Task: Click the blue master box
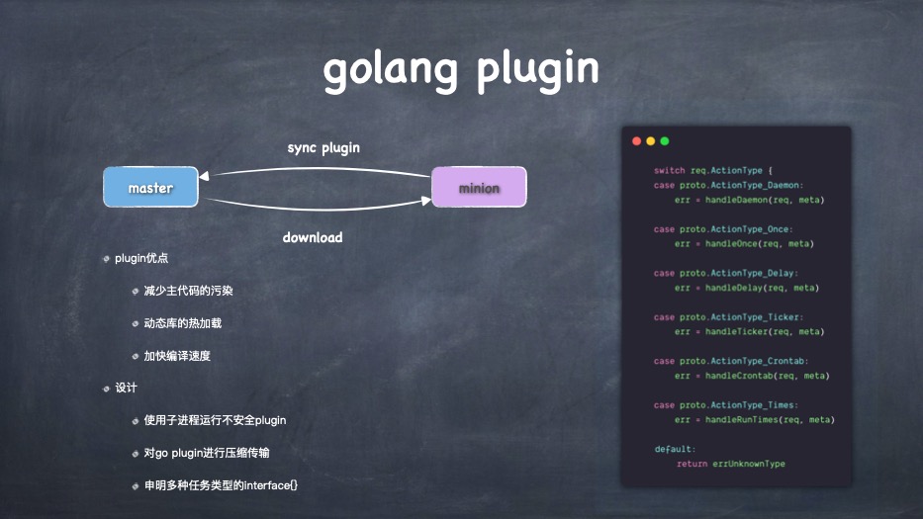[x=150, y=187]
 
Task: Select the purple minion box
[x=479, y=187]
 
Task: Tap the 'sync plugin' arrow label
[x=323, y=147]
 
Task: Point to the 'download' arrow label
[x=313, y=237]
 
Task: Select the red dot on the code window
[x=637, y=141]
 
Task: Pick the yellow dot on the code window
[x=651, y=141]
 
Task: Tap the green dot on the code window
[x=665, y=141]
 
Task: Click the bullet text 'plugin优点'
[x=141, y=259]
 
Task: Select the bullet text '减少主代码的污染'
[x=188, y=291]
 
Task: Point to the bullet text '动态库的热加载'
[x=182, y=323]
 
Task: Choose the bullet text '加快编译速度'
[x=177, y=356]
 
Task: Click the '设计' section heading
[x=126, y=388]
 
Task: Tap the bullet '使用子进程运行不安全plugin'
[x=215, y=420]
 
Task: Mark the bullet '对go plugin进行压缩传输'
[x=206, y=453]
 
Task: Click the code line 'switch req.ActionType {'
[x=705, y=170]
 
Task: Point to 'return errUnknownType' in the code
[x=731, y=464]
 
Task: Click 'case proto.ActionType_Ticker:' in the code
[x=721, y=317]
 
